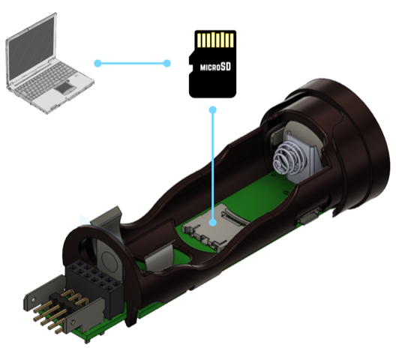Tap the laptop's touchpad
point(65,88)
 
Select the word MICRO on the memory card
point(210,67)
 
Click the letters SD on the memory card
point(226,67)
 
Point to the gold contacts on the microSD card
point(215,40)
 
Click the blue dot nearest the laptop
point(97,64)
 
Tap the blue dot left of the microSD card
point(167,64)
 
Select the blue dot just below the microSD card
point(213,110)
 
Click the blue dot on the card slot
point(213,223)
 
